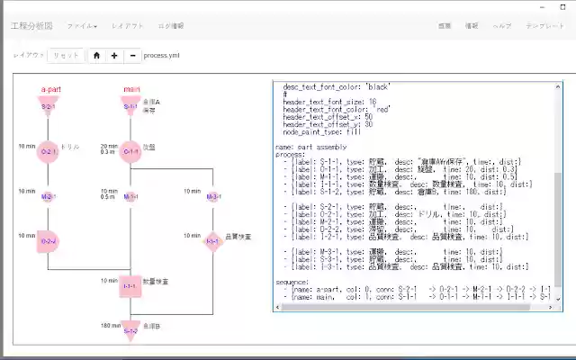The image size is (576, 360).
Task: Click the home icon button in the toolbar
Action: [96, 55]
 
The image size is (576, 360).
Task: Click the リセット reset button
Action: [65, 55]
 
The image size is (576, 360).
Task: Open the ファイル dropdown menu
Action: [83, 26]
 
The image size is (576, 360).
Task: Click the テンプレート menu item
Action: [545, 26]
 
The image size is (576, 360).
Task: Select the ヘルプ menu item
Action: [502, 26]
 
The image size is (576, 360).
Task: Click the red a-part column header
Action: [50, 89]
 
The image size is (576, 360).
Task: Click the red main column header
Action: [131, 89]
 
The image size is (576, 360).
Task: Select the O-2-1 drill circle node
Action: [48, 152]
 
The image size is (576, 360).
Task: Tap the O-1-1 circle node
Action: [131, 152]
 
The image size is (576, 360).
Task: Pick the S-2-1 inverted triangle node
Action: [49, 107]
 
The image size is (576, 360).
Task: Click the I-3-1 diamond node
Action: [213, 241]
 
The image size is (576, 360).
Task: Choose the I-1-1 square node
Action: [130, 286]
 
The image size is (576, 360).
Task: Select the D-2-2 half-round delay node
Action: [49, 241]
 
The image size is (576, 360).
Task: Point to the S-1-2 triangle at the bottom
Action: [130, 329]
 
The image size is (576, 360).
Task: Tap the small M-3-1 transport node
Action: [213, 196]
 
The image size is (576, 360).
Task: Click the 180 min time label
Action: [110, 326]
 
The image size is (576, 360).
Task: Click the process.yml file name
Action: [162, 55]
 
